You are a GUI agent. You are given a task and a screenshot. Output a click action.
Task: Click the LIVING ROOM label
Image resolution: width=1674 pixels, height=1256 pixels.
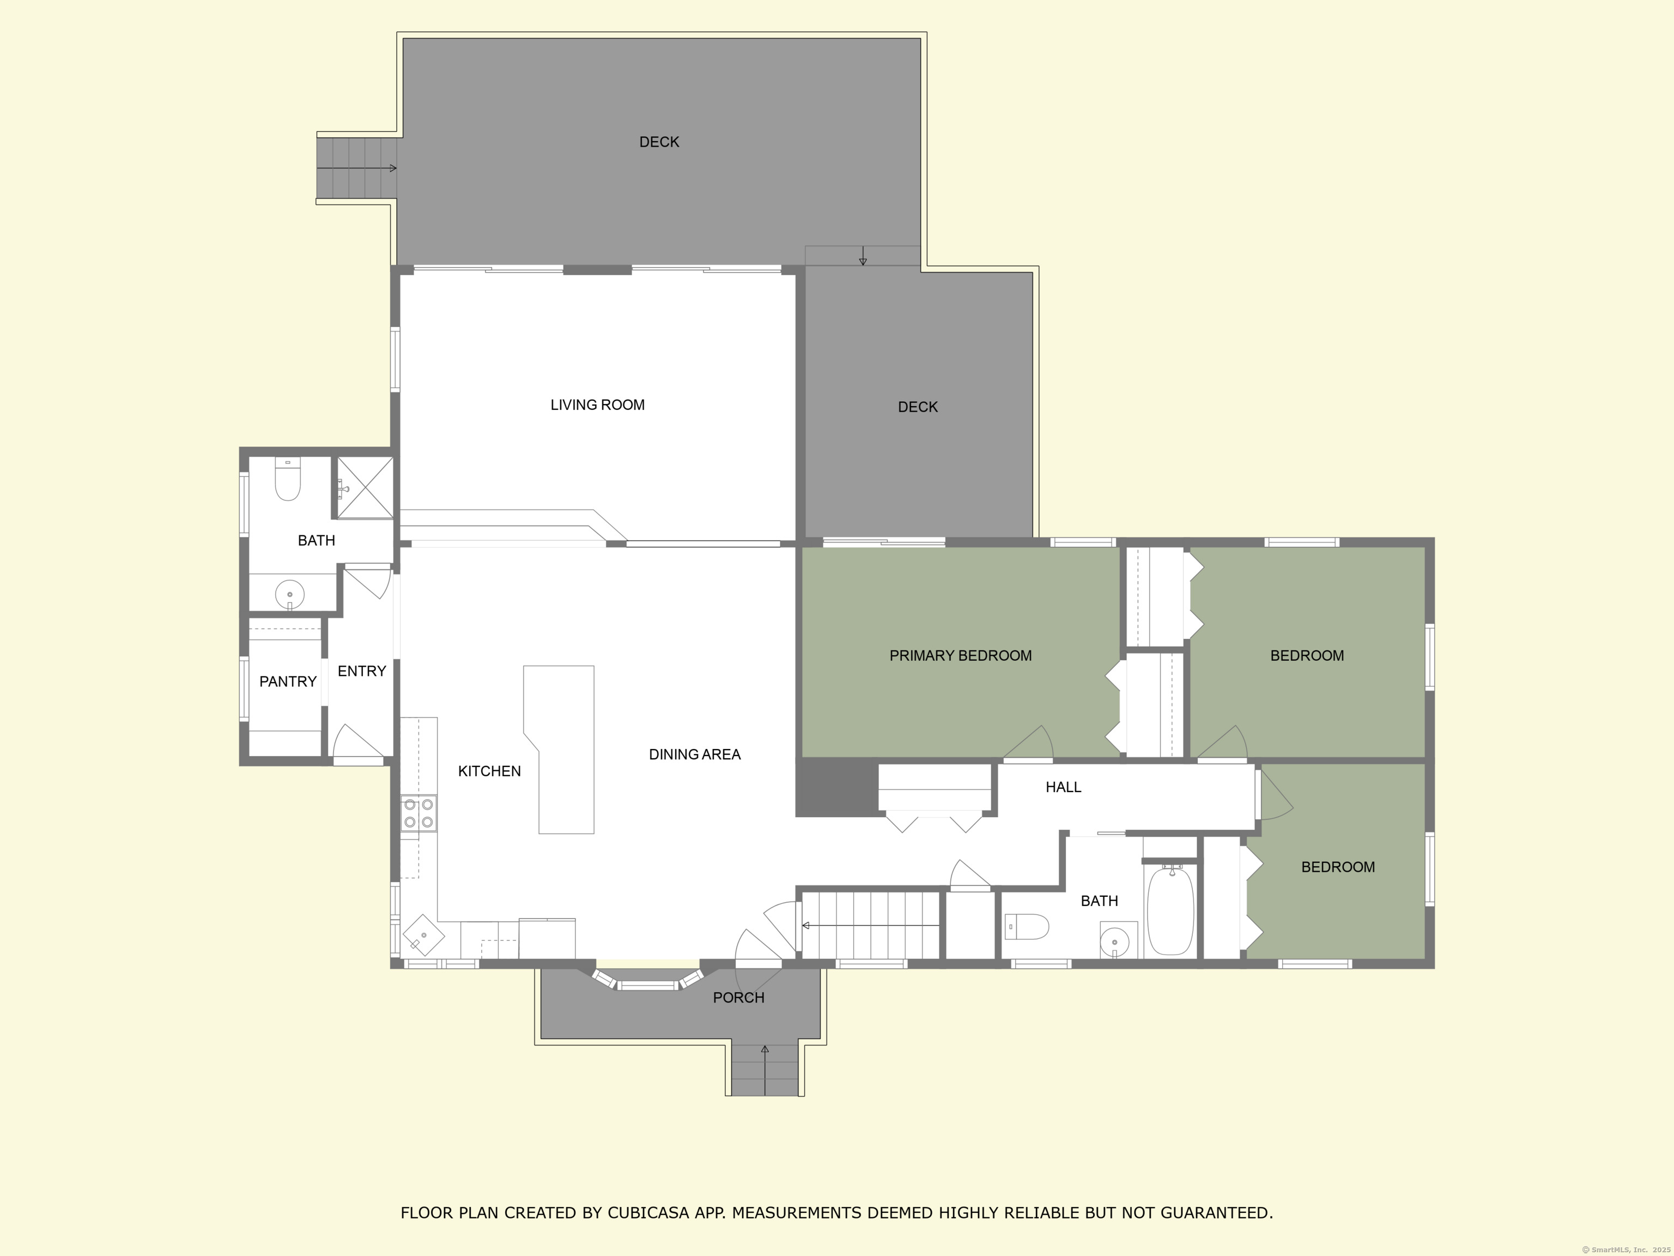tap(597, 405)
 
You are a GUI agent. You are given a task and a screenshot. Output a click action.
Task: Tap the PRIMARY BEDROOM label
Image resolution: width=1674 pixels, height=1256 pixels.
tap(960, 656)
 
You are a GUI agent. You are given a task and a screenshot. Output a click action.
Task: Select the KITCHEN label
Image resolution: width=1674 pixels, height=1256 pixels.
tap(490, 771)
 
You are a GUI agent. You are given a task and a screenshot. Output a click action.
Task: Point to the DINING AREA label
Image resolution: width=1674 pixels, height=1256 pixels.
tap(695, 754)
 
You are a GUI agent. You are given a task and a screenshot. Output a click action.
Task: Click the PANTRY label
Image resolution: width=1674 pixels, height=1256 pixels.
tap(288, 682)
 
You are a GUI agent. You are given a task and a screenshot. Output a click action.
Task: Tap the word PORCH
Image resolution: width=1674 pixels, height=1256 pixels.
tap(738, 998)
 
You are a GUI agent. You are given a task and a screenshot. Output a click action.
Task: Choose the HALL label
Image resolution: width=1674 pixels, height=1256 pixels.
tap(1063, 787)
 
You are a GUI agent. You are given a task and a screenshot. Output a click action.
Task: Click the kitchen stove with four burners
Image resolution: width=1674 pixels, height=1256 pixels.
tap(418, 814)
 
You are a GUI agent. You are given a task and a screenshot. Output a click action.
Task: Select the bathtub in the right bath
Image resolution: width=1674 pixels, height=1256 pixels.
tap(1170, 911)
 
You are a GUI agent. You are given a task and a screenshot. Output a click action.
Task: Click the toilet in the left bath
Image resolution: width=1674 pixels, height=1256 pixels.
tap(288, 479)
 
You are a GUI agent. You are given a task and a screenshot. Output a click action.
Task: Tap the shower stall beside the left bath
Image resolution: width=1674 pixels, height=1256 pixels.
tap(365, 487)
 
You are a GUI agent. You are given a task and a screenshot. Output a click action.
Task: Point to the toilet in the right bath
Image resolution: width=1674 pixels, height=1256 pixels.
tap(1027, 927)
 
